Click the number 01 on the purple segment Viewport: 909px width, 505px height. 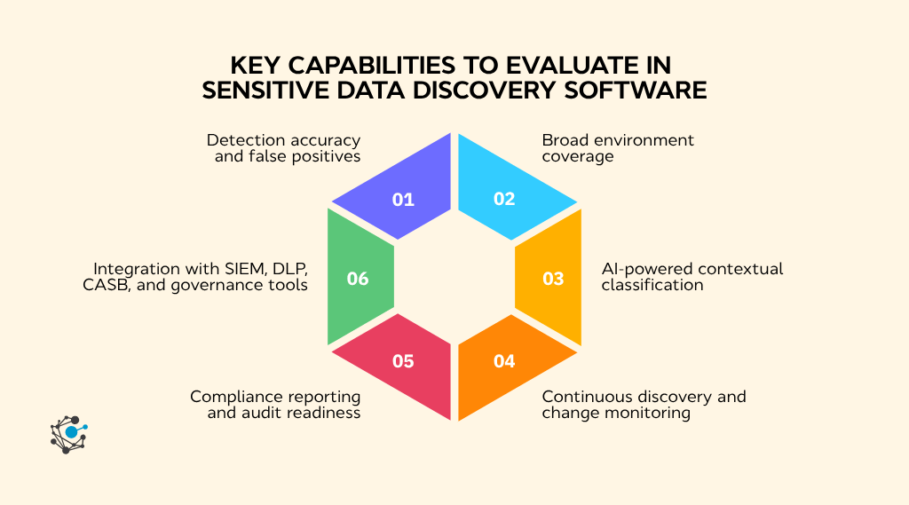(x=403, y=199)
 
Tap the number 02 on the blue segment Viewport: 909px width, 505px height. (x=504, y=199)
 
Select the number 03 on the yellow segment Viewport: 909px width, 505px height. (x=553, y=279)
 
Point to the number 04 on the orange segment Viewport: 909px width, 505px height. (x=504, y=360)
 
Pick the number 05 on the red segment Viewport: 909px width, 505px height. (x=403, y=360)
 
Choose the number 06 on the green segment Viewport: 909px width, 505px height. (x=358, y=279)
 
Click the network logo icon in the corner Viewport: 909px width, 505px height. (x=68, y=433)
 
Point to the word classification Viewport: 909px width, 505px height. (x=652, y=285)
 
